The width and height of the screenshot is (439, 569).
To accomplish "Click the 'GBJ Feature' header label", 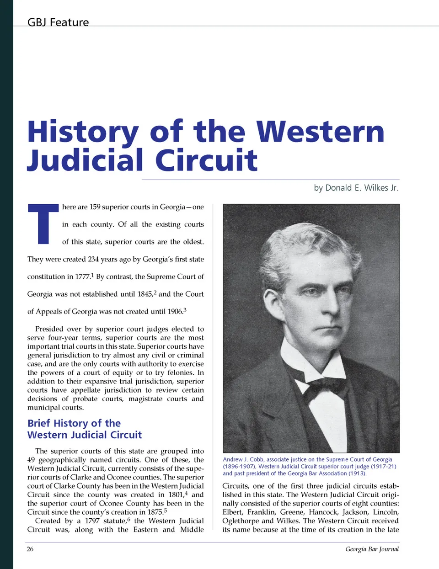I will [58, 22].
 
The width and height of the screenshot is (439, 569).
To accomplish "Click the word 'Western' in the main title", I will [320, 132].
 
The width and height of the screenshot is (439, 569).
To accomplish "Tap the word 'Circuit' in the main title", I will [206, 160].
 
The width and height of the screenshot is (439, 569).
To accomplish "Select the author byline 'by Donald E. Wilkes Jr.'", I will [356, 188].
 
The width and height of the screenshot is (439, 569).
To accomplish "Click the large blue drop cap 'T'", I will [43, 224].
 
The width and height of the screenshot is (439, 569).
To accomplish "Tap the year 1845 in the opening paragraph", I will [145, 294].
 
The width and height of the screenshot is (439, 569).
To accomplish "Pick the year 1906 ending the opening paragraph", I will [175, 312].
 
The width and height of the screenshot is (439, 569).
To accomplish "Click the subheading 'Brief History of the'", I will [74, 423].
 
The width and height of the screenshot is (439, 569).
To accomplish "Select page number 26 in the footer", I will [30, 549].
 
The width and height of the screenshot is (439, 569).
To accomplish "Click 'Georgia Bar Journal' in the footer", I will [372, 549].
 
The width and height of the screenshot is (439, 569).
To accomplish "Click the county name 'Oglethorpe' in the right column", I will [240, 521].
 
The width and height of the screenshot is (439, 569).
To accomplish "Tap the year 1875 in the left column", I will [155, 512].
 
